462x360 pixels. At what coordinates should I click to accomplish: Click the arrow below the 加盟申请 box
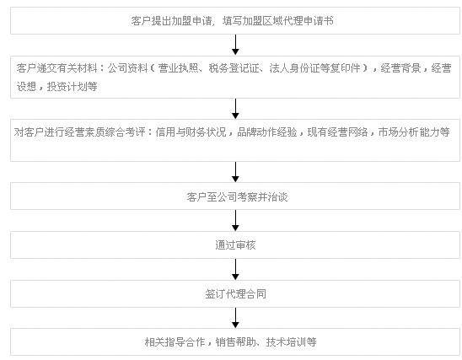(235, 45)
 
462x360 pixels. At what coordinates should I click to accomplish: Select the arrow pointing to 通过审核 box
(235, 220)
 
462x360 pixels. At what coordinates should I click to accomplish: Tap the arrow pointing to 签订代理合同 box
(235, 269)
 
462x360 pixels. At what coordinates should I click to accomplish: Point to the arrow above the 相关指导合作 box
(235, 318)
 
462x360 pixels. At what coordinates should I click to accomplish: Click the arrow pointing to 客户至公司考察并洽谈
(235, 172)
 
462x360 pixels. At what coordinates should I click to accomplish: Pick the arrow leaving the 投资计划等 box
(235, 109)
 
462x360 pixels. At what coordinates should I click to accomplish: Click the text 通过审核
(235, 245)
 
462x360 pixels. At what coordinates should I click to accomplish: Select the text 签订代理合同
(235, 294)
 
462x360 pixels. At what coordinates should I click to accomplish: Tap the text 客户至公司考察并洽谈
(237, 196)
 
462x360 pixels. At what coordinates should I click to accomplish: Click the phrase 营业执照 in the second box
(178, 68)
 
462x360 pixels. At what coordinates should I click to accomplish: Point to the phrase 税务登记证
(234, 68)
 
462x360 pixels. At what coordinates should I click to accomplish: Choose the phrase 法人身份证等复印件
(314, 68)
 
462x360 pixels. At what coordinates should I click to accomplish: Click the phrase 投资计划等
(72, 87)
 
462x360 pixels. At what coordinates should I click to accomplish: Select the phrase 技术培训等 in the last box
(291, 341)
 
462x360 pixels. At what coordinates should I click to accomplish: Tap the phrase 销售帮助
(235, 341)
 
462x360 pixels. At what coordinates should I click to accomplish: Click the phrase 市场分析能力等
(414, 132)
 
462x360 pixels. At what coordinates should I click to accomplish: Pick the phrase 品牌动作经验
(267, 132)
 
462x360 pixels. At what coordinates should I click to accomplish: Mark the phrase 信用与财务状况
(191, 132)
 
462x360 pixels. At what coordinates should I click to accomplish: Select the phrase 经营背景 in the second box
(400, 68)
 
